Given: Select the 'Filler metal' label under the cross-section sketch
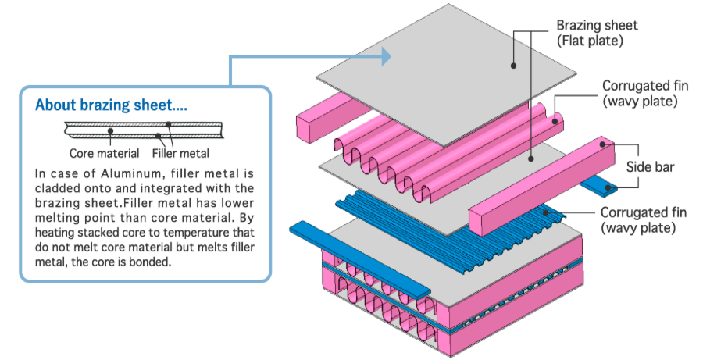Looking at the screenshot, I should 181,153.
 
